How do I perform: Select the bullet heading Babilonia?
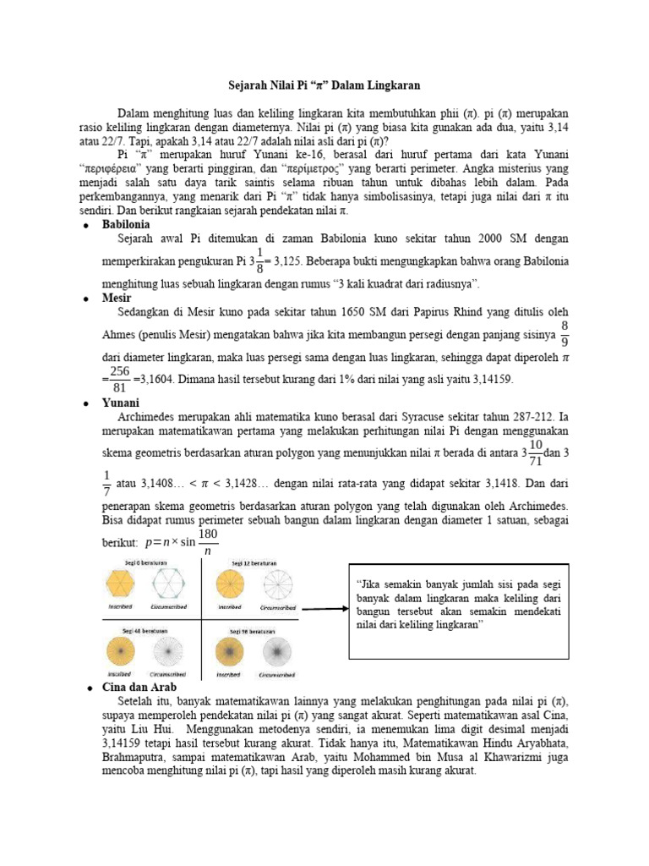pos(126,224)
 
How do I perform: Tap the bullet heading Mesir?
pos(117,299)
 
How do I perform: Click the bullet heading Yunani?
pos(121,403)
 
